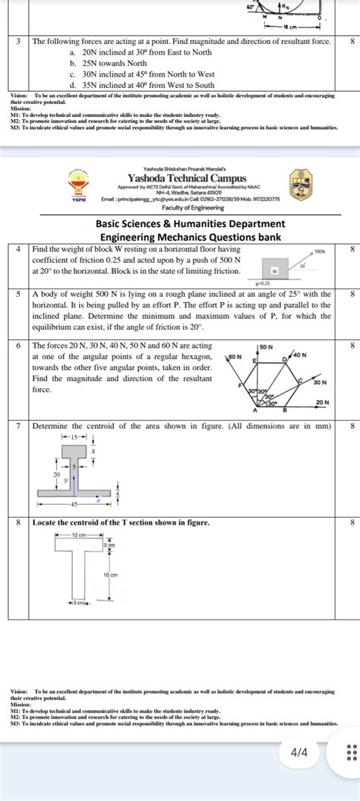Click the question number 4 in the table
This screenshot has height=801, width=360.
coord(17,249)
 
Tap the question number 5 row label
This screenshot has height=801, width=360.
coord(17,294)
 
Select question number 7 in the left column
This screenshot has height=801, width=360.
coord(17,426)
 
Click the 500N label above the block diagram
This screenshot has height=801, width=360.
coord(319,249)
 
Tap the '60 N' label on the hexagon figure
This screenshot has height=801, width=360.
coord(235,356)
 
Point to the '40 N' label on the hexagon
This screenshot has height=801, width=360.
coord(298,355)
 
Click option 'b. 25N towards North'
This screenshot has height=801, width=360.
coord(109,64)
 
